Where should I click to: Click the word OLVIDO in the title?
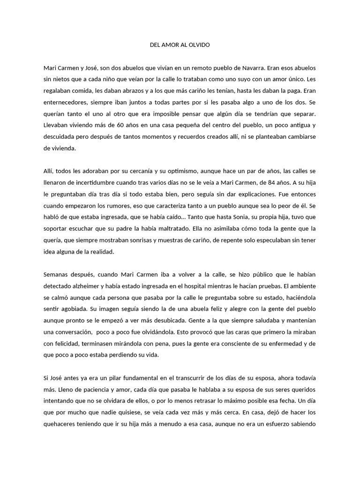pyautogui.click(x=200, y=45)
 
